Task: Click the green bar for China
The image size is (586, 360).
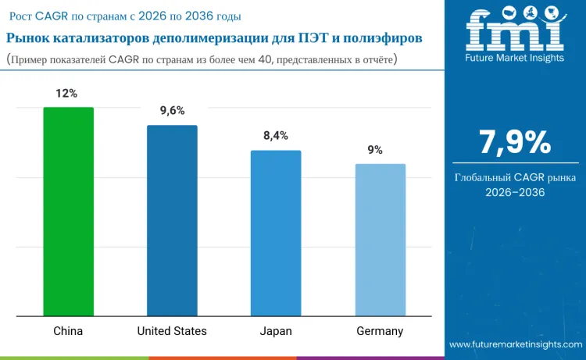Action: click(x=68, y=212)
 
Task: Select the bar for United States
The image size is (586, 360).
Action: click(x=172, y=221)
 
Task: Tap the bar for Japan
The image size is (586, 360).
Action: click(x=275, y=233)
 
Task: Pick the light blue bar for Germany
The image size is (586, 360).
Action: click(x=380, y=241)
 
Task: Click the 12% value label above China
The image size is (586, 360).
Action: click(x=66, y=94)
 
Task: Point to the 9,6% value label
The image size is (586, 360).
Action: click(x=172, y=111)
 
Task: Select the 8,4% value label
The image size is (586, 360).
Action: click(x=275, y=136)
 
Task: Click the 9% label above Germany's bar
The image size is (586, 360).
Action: click(x=375, y=150)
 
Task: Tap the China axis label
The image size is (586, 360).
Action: click(x=68, y=331)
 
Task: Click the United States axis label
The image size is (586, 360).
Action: click(x=172, y=331)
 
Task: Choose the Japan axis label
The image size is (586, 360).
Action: click(x=276, y=331)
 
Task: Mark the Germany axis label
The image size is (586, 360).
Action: click(x=380, y=331)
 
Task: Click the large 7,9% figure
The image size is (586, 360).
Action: click(x=515, y=142)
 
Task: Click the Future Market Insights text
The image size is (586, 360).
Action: click(x=514, y=59)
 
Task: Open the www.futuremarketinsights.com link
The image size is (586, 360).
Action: click(x=515, y=344)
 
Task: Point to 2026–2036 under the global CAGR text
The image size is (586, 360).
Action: click(x=515, y=192)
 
